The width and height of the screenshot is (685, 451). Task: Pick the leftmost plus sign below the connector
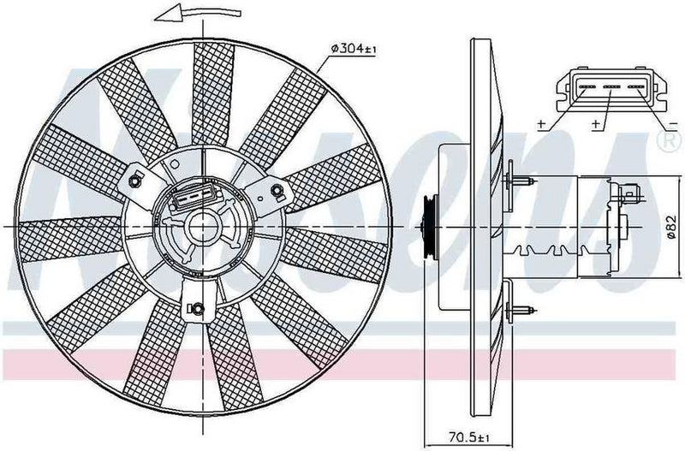coord(541,125)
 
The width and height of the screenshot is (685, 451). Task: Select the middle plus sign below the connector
coord(594,125)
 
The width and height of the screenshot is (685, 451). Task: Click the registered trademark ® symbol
coord(663,137)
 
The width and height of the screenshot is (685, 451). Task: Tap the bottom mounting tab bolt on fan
coord(198,308)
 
